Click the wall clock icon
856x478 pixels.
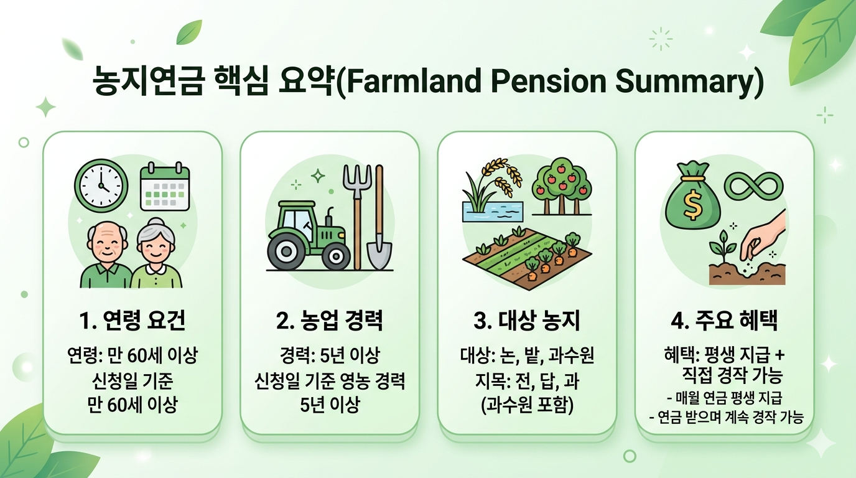(x=101, y=186)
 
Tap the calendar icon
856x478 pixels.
(x=165, y=186)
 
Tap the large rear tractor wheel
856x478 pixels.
(x=287, y=251)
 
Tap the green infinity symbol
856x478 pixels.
(x=755, y=184)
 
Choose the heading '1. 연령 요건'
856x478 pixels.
(x=133, y=322)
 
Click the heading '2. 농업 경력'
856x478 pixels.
(x=329, y=322)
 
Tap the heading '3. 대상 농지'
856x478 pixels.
(x=527, y=322)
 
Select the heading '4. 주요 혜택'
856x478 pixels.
(x=724, y=322)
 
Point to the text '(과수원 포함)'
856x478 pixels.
(x=527, y=405)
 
